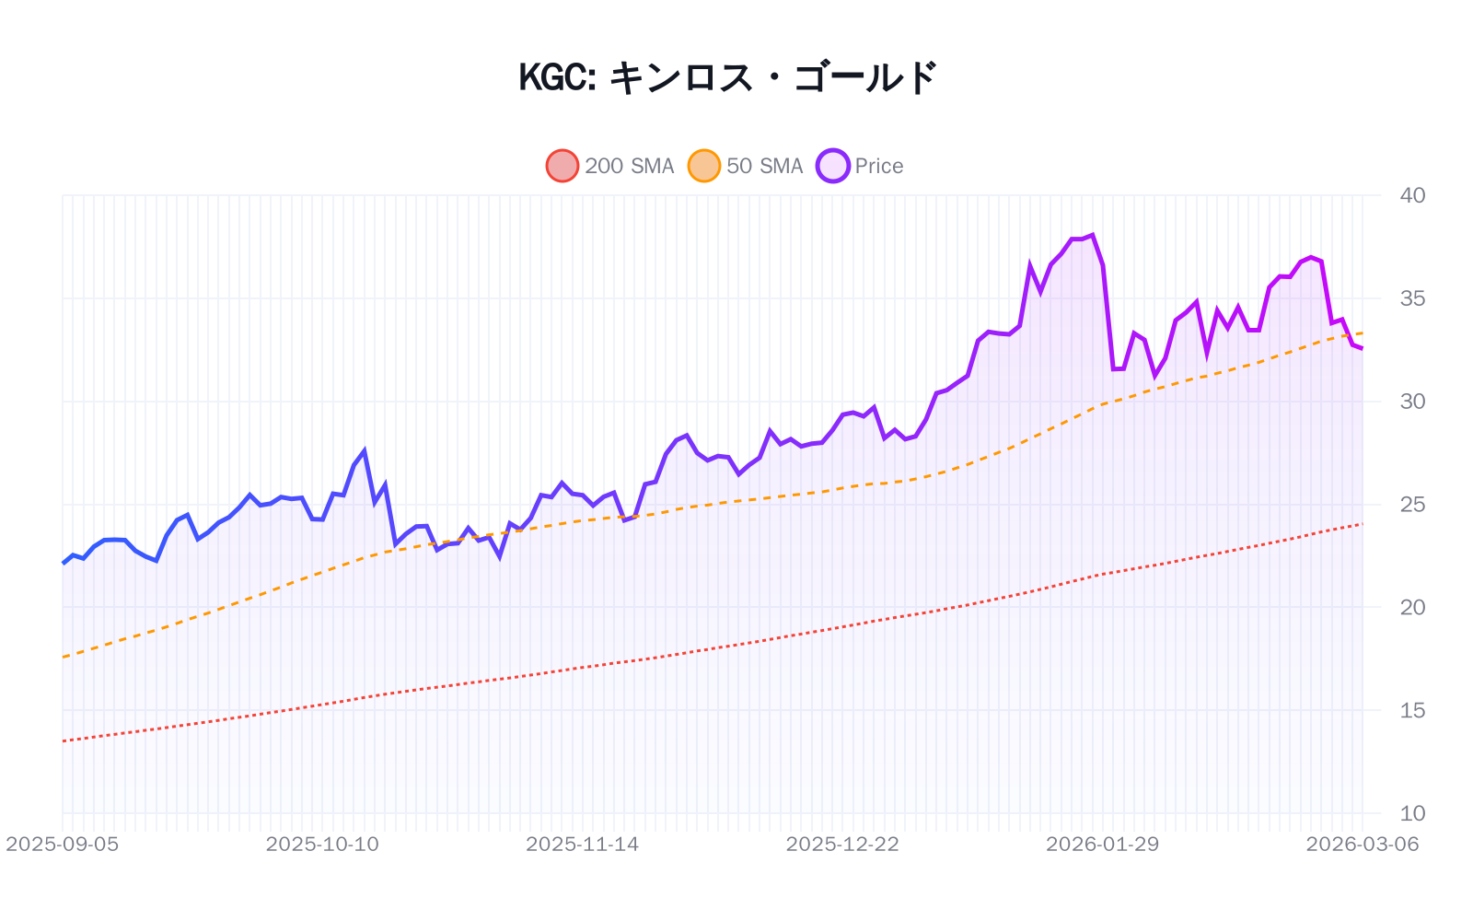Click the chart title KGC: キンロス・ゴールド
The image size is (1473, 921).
point(727,77)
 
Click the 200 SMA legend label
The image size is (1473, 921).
point(630,166)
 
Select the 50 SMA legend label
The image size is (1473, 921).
point(764,166)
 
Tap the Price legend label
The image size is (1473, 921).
point(879,166)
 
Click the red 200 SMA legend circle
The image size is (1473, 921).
point(563,166)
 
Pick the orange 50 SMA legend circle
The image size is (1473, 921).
point(704,166)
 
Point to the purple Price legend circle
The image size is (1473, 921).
point(833,166)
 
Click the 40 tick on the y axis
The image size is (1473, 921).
point(1412,195)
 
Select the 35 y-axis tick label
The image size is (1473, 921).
point(1412,298)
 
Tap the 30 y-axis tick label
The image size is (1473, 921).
point(1412,402)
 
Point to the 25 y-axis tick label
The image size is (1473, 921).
point(1412,505)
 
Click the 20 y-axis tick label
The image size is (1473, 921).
point(1412,607)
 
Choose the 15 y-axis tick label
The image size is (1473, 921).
point(1412,710)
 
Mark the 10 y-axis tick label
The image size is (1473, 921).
point(1412,813)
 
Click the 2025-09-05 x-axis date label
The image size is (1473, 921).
point(63,845)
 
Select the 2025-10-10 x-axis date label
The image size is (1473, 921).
point(322,845)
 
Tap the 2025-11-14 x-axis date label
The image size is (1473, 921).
point(582,845)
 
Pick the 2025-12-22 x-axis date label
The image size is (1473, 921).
point(842,845)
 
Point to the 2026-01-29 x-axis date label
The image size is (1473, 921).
point(1102,845)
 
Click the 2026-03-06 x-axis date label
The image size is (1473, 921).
point(1363,845)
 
